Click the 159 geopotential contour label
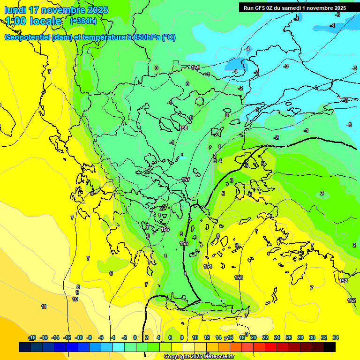(x=195, y=67)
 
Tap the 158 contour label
(x=184, y=128)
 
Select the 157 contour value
(x=186, y=180)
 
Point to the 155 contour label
(x=184, y=243)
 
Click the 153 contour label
(x=239, y=277)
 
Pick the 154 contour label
(x=208, y=266)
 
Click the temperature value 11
(x=44, y=307)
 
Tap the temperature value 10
(x=75, y=299)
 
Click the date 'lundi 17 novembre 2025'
(x=56, y=10)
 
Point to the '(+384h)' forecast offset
(x=83, y=21)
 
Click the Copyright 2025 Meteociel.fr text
(x=199, y=356)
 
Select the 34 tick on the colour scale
(x=336, y=337)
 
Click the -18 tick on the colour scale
(x=32, y=337)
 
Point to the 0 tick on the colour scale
(x=135, y=337)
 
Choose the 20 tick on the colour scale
(x=254, y=337)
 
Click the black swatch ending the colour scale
(x=330, y=347)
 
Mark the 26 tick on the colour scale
(x=289, y=337)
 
